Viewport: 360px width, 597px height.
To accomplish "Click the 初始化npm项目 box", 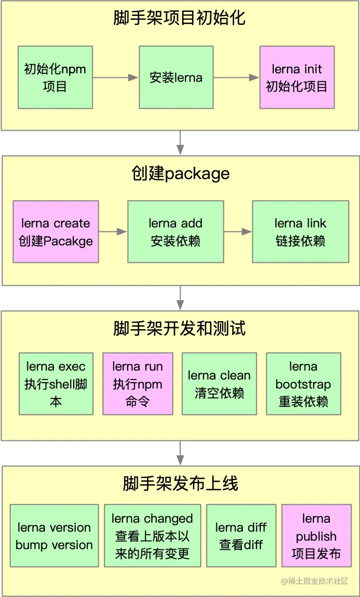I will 55,77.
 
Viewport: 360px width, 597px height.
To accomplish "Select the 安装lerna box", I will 176,77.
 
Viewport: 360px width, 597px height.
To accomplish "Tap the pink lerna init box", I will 297,77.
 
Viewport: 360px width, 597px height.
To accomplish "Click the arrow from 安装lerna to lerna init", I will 236,77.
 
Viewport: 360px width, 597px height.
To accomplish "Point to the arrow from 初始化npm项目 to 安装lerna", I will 115,77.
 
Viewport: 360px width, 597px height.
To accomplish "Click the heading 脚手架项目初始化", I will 180,18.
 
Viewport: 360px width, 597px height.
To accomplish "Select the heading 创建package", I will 180,173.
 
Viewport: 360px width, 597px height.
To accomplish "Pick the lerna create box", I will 56,232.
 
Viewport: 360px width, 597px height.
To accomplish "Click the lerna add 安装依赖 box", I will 176,232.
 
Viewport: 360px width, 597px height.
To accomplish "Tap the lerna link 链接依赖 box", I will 300,232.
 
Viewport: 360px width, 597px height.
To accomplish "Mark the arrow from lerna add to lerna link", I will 238,231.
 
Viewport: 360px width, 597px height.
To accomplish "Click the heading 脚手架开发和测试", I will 180,329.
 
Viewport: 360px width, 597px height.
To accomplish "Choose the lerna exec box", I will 56,384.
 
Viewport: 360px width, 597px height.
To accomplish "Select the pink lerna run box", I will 138,384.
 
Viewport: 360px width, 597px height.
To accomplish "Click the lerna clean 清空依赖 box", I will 219,384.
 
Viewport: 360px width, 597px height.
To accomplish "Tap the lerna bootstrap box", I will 303,384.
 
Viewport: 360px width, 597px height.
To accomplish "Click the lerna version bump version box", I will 54,536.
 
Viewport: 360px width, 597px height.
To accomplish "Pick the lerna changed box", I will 152,536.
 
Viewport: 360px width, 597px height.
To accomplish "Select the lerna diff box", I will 241,536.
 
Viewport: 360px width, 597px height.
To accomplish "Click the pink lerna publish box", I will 316,536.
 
